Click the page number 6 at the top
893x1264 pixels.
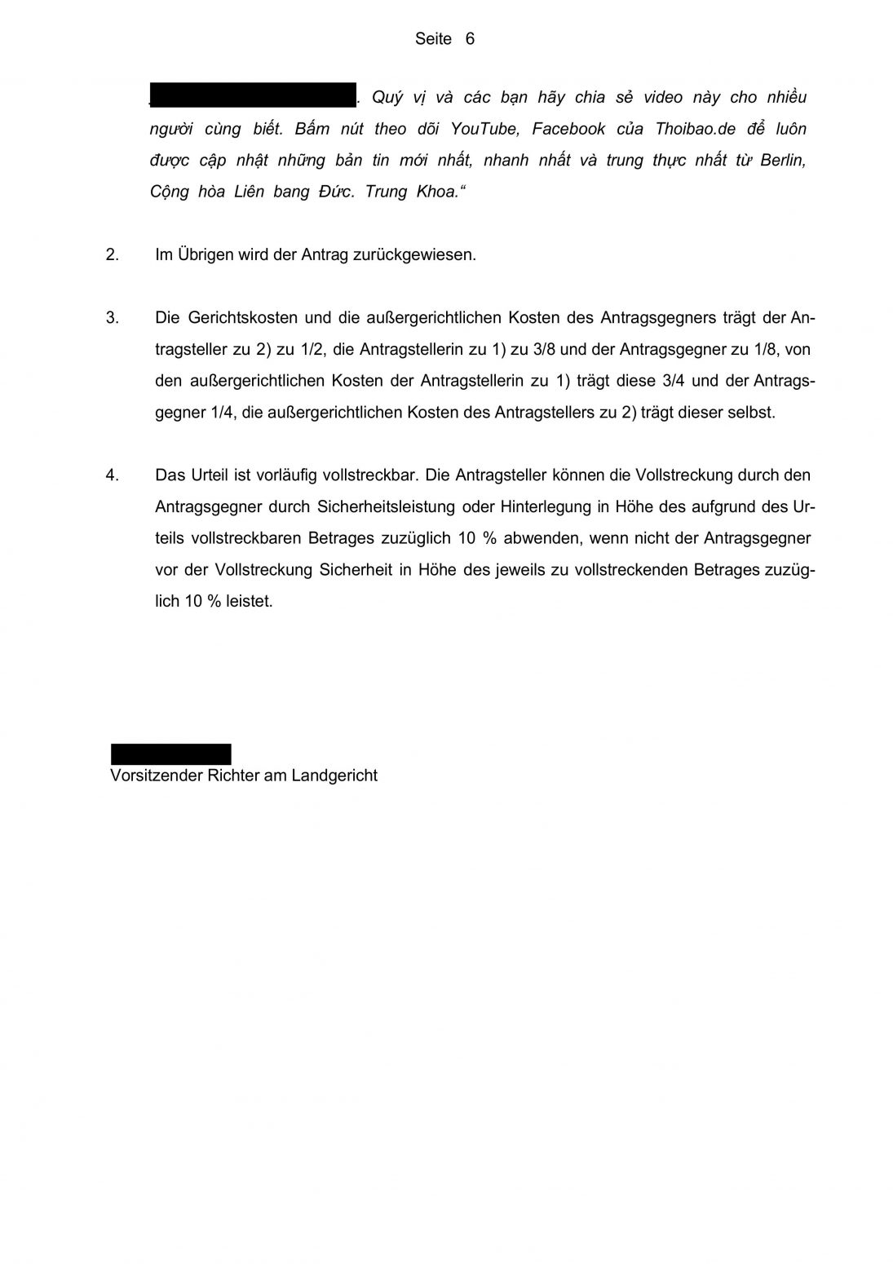(x=470, y=39)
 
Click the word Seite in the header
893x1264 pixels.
(x=433, y=39)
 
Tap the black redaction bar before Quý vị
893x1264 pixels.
(x=253, y=95)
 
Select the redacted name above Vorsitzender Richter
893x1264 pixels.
(x=171, y=754)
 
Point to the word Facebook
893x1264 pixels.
(x=568, y=129)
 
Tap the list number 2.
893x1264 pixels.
(x=113, y=254)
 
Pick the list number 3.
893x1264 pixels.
(x=113, y=318)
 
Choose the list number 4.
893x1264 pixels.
(x=113, y=475)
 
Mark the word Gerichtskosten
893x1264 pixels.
(x=241, y=318)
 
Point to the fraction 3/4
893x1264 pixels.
(x=680, y=381)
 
